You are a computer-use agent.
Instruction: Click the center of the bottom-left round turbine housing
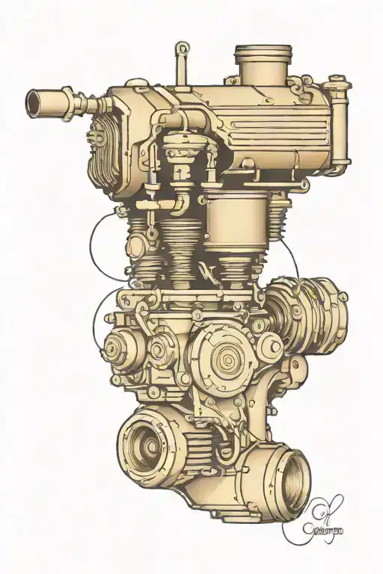[148, 445]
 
